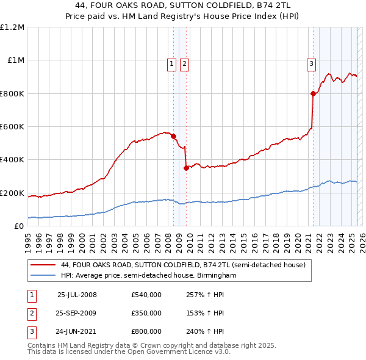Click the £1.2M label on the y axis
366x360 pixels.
[x=12, y=27]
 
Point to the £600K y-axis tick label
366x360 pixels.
[x=12, y=127]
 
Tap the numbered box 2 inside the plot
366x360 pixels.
[x=184, y=63]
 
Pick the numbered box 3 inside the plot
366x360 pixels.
[x=311, y=63]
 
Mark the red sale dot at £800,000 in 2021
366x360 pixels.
[x=313, y=93]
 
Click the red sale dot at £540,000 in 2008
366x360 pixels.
[x=174, y=137]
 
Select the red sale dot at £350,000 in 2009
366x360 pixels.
[x=186, y=168]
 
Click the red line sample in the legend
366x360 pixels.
[x=43, y=265]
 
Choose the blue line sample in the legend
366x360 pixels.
[x=43, y=275]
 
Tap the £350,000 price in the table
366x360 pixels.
[x=146, y=313]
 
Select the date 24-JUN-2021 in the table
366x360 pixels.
[x=77, y=331]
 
